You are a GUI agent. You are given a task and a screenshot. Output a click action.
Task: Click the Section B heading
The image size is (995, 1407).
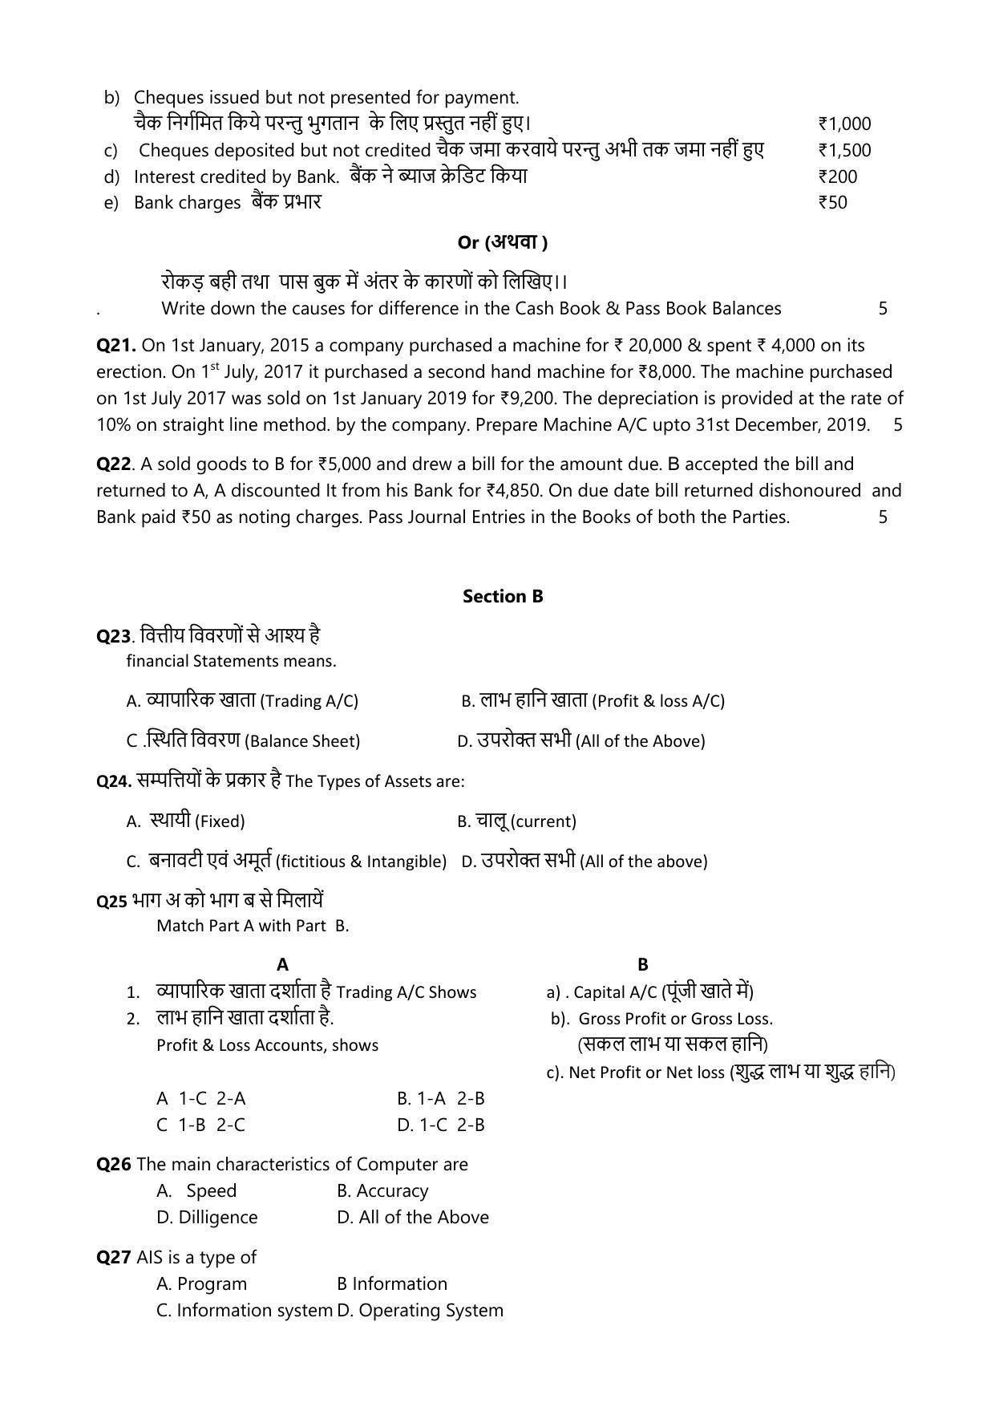(x=503, y=596)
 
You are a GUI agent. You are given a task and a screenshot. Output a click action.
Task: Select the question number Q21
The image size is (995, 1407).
(x=116, y=345)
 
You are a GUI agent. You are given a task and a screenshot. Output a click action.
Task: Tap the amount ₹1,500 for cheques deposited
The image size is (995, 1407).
(x=844, y=150)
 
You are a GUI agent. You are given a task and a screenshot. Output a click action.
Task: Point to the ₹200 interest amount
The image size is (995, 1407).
(x=837, y=176)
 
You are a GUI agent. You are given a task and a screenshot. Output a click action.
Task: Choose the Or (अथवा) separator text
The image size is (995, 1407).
(x=503, y=242)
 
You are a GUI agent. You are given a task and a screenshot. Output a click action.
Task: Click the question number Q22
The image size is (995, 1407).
(x=113, y=464)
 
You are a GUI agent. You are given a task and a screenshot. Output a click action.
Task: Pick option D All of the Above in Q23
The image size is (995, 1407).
(x=580, y=740)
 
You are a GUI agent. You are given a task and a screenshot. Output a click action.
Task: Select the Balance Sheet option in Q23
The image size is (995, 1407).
(x=243, y=740)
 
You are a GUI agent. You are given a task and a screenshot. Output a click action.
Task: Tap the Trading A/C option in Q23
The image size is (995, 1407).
(x=241, y=700)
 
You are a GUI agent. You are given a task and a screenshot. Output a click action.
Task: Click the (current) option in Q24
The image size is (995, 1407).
(x=516, y=821)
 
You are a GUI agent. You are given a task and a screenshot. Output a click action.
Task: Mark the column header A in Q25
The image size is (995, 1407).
(x=282, y=964)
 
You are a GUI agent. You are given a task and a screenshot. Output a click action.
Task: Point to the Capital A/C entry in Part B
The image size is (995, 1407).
(x=649, y=992)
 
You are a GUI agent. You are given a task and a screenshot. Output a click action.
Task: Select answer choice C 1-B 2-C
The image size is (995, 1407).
(x=200, y=1125)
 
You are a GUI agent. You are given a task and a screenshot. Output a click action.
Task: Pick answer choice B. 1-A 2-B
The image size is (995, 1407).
(x=440, y=1098)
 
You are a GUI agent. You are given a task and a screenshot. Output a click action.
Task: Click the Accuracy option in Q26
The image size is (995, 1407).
(x=382, y=1190)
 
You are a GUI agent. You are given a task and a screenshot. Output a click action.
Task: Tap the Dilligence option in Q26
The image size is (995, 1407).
(x=207, y=1217)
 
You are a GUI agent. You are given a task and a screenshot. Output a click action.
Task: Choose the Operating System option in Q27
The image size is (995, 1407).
(x=420, y=1310)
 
